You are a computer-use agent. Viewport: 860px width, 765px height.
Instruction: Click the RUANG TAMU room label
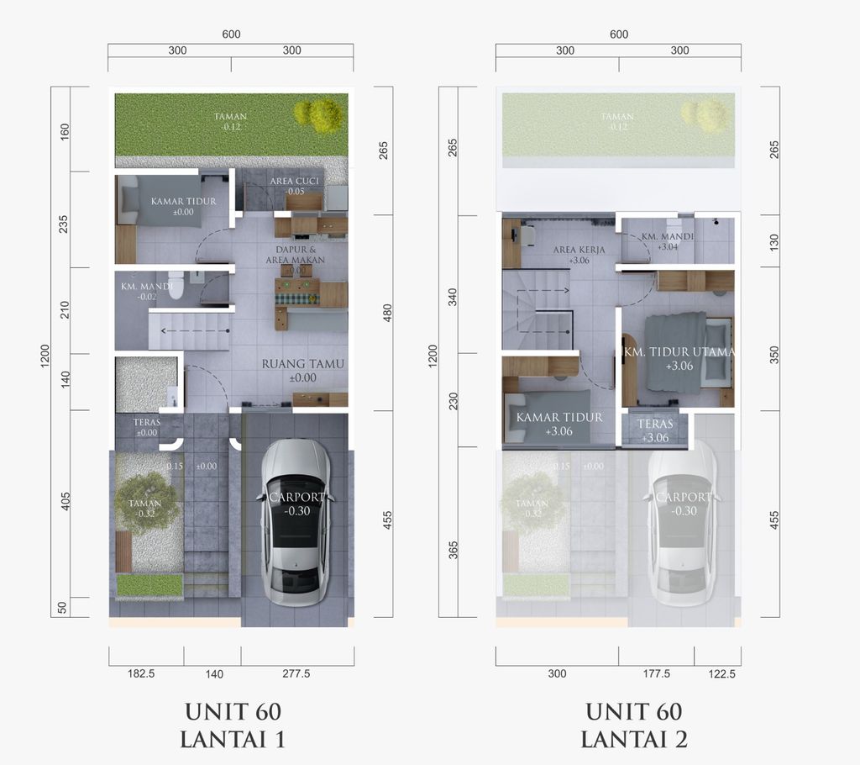pyautogui.click(x=302, y=365)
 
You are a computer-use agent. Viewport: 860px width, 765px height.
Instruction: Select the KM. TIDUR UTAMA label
pyautogui.click(x=679, y=352)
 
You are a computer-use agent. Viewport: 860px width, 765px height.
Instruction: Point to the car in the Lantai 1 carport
pyautogui.click(x=296, y=521)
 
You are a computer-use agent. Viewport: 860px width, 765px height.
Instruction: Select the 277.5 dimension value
pyautogui.click(x=296, y=673)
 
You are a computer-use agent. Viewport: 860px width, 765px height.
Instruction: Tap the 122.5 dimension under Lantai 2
pyautogui.click(x=716, y=673)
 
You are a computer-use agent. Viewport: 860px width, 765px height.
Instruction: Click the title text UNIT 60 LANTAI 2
pyautogui.click(x=634, y=725)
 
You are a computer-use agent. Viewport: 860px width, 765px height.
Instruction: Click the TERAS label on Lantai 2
pyautogui.click(x=654, y=425)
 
